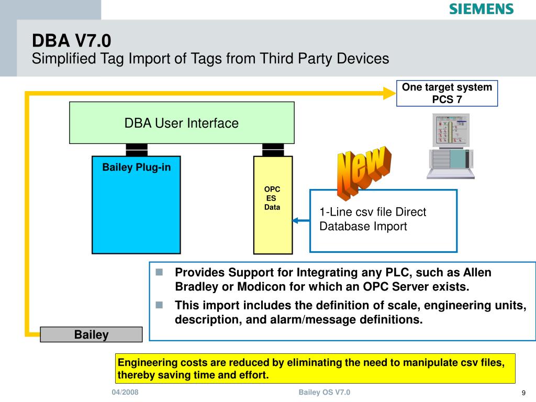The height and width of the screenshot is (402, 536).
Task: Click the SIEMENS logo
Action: [482, 9]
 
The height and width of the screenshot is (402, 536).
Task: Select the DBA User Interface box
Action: [182, 122]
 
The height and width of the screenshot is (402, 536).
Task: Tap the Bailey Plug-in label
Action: [136, 167]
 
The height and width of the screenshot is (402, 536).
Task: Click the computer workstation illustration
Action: [450, 147]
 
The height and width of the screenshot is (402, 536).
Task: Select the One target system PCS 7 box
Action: [446, 93]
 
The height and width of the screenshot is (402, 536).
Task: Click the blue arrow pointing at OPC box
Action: [301, 220]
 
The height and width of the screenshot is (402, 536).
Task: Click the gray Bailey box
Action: [91, 335]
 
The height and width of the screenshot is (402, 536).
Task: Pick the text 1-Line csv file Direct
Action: [373, 212]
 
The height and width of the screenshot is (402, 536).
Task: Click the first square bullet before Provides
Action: [160, 272]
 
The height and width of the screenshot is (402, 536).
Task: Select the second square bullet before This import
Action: [160, 305]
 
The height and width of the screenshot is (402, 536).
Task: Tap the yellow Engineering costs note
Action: [315, 368]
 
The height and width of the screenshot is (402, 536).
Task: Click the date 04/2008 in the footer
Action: [125, 393]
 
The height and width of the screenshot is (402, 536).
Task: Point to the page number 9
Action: [523, 394]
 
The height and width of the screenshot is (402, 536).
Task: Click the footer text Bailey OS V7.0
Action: [324, 393]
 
